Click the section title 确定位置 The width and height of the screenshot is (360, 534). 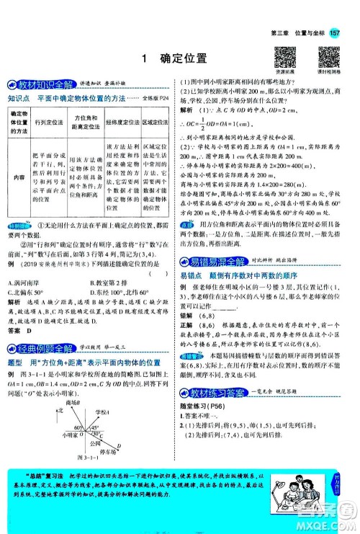pos(183,58)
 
